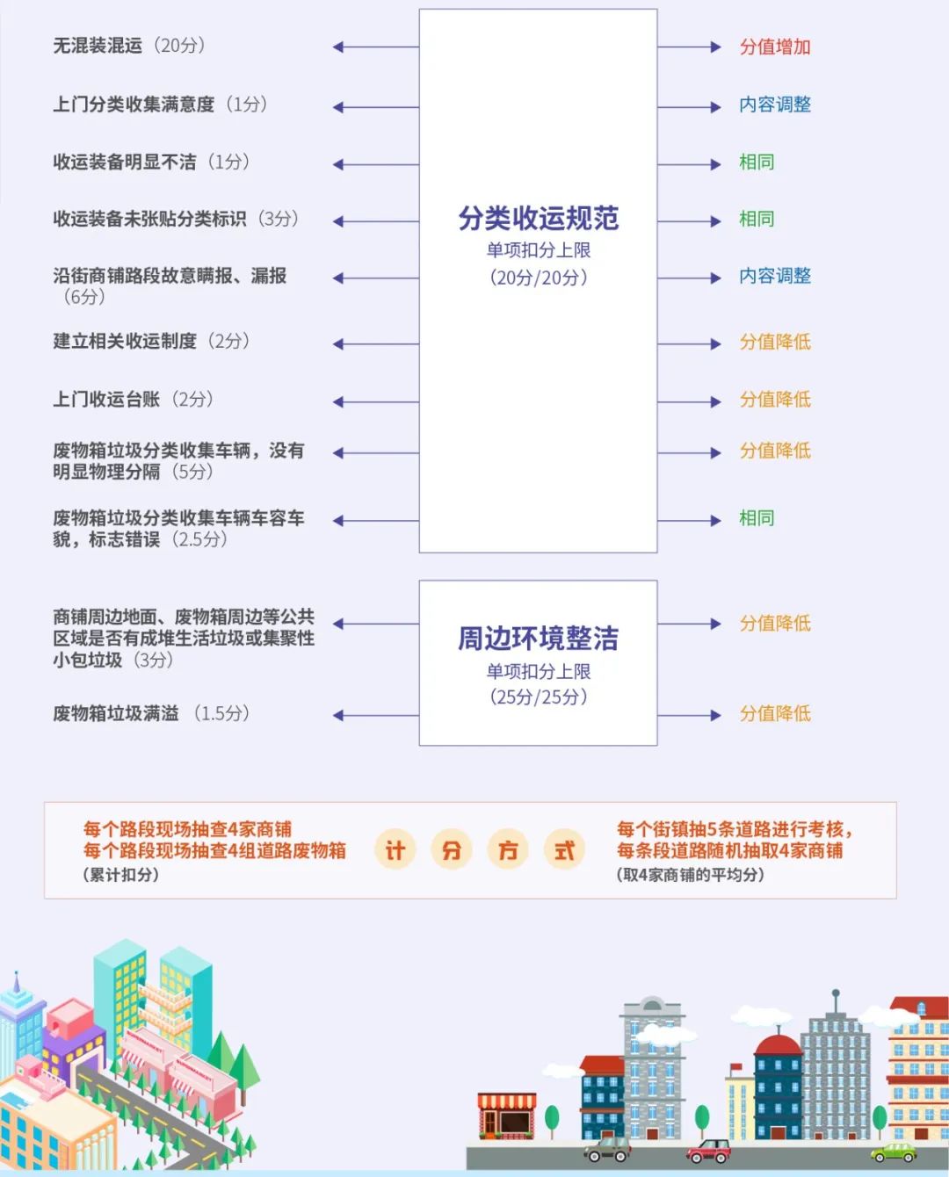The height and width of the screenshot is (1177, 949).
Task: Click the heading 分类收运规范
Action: pyautogui.click(x=538, y=218)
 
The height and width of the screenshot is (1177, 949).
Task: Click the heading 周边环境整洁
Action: pyautogui.click(x=538, y=639)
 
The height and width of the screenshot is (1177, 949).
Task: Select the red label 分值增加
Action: pyautogui.click(x=774, y=47)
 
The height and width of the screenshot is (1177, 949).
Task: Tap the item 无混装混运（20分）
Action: pyautogui.click(x=129, y=46)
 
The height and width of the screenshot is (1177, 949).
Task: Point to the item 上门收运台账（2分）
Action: pyautogui.click(x=133, y=400)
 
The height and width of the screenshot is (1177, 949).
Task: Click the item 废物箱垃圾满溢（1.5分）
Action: pyautogui.click(x=151, y=713)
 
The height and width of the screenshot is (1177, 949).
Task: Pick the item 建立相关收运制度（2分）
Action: pyautogui.click(x=151, y=342)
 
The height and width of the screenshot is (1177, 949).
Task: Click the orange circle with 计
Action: pyautogui.click(x=395, y=850)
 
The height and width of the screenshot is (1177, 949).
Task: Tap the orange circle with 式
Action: pyautogui.click(x=564, y=850)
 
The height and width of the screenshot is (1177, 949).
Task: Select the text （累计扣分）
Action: pyautogui.click(x=121, y=875)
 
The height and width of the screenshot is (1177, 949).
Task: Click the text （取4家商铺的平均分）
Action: pyautogui.click(x=690, y=875)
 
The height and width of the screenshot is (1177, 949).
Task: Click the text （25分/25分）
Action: pyautogui.click(x=539, y=697)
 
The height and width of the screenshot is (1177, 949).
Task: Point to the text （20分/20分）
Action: pyautogui.click(x=539, y=278)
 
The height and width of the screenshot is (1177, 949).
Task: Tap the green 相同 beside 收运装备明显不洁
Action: pyautogui.click(x=757, y=162)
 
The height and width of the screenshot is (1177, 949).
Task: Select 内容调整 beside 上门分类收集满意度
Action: pyautogui.click(x=774, y=105)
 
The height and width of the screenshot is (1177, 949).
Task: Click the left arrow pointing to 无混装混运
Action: pyautogui.click(x=376, y=47)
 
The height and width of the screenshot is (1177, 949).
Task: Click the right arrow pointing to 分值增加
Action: pyautogui.click(x=689, y=47)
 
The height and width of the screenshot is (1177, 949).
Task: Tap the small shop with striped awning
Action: pyautogui.click(x=507, y=1116)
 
